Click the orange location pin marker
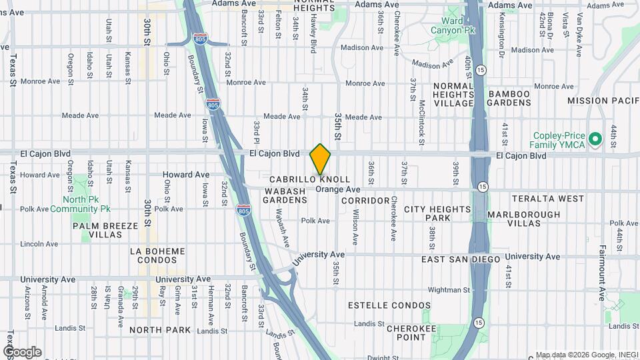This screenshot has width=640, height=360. [x=320, y=159]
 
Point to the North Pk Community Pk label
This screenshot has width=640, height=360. [x=87, y=204]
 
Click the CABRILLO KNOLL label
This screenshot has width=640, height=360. [x=309, y=180]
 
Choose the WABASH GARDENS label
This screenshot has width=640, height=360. [x=285, y=195]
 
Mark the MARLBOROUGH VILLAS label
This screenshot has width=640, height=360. [x=523, y=219]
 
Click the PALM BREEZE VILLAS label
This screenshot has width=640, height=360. [x=106, y=230]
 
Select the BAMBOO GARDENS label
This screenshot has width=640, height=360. [x=509, y=99]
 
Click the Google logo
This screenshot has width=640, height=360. [x=22, y=351]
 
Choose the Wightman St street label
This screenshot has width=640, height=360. [x=448, y=290]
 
